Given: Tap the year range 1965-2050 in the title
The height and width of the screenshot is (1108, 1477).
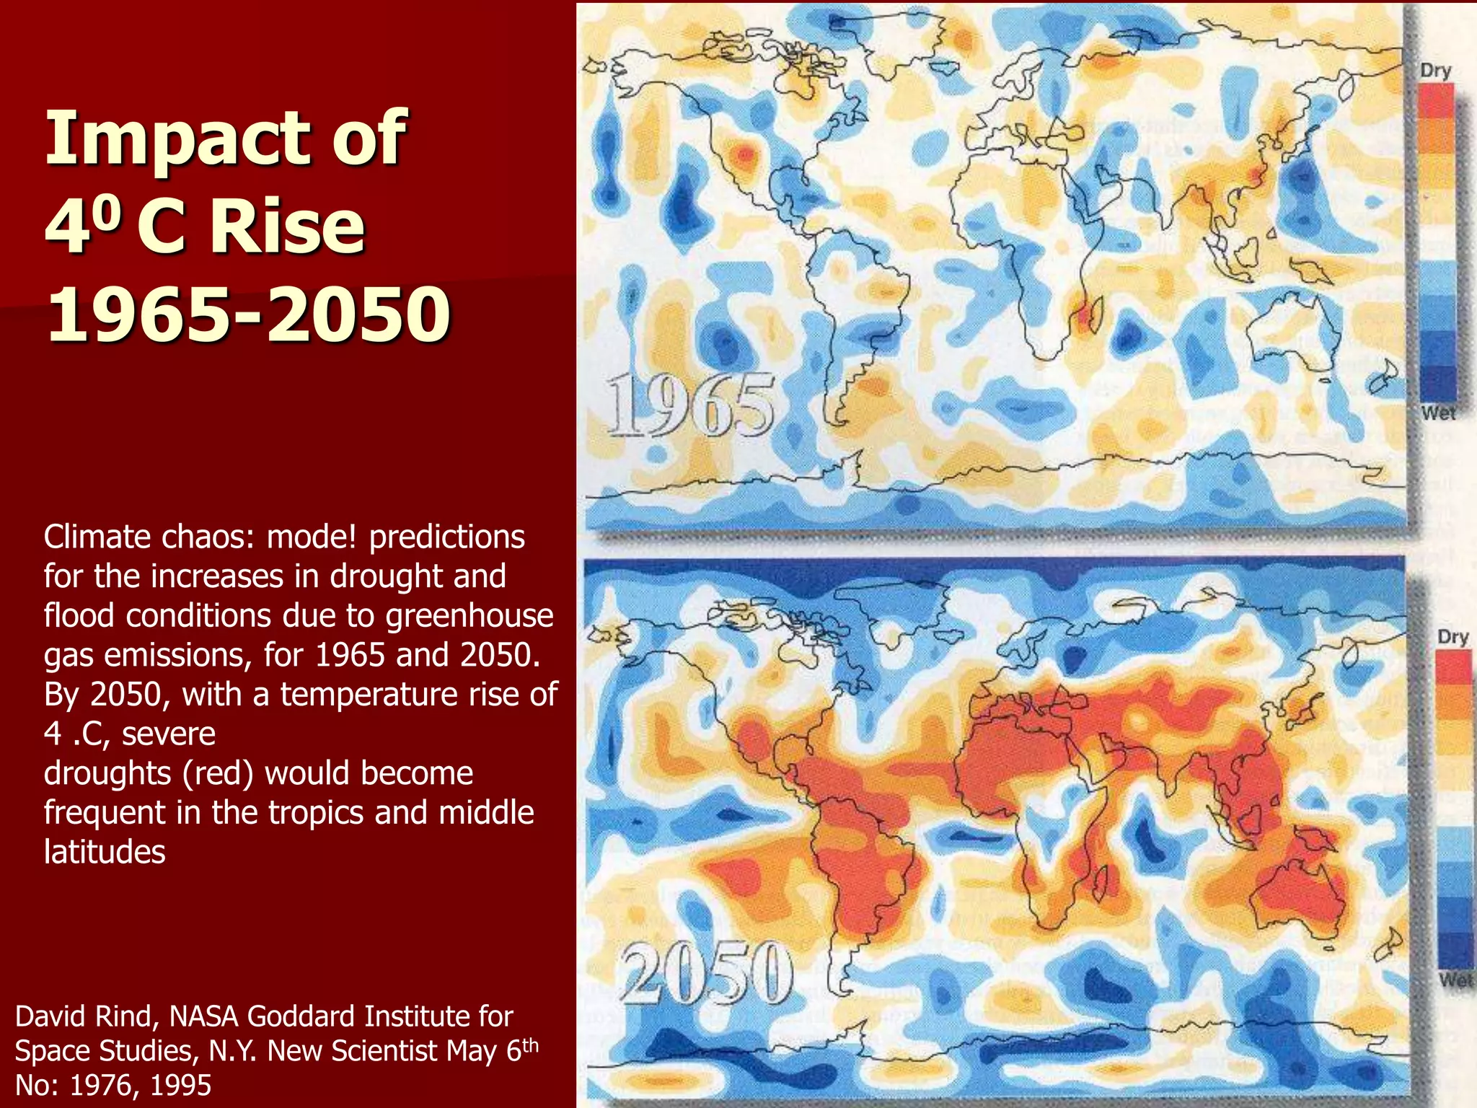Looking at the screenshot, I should click(x=249, y=315).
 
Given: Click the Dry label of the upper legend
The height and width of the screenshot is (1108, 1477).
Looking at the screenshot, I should click(x=1435, y=71).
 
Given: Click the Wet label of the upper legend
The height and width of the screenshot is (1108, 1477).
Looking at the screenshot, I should click(x=1438, y=413).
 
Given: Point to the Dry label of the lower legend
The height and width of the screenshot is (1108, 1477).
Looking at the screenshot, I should click(x=1452, y=638).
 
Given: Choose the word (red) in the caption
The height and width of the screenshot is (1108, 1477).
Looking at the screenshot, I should click(x=217, y=773).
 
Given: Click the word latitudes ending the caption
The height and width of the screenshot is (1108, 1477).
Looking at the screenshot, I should click(x=105, y=852).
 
